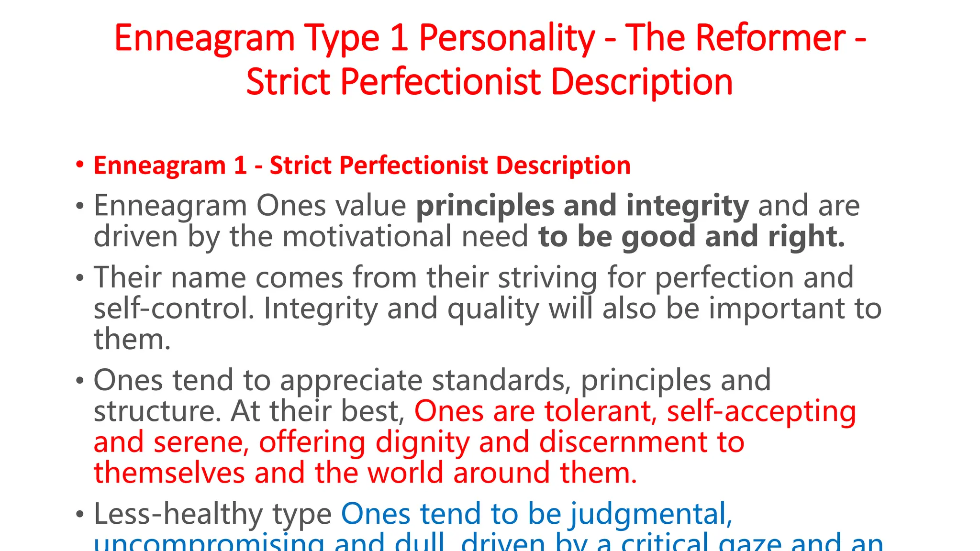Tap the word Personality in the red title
pos(507,38)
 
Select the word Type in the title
pos(342,38)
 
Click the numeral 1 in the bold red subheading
pos(240,165)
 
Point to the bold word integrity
pos(687,206)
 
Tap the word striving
pos(547,277)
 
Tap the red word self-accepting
pos(761,411)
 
